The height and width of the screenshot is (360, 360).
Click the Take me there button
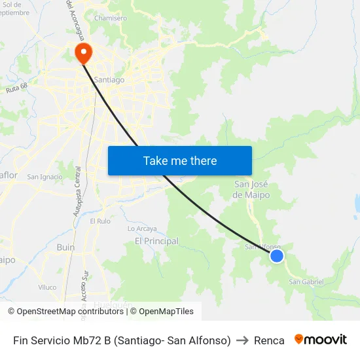(x=179, y=160)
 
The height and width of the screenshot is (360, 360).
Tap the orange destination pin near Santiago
(x=84, y=52)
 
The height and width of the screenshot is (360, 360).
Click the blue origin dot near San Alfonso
(x=277, y=256)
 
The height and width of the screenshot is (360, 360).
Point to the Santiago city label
(x=109, y=80)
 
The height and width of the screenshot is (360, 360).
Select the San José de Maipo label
(x=251, y=190)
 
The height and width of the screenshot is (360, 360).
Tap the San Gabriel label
(x=306, y=281)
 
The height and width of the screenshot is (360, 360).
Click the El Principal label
(x=156, y=242)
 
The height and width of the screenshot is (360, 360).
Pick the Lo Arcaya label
(x=141, y=228)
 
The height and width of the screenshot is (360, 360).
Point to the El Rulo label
(x=100, y=221)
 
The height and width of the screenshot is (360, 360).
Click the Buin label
(x=65, y=247)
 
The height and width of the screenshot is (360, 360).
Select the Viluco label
(x=47, y=287)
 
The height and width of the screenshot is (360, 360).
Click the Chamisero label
(x=111, y=18)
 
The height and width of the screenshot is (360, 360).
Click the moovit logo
(x=320, y=340)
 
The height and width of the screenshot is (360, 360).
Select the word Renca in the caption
(x=269, y=340)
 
